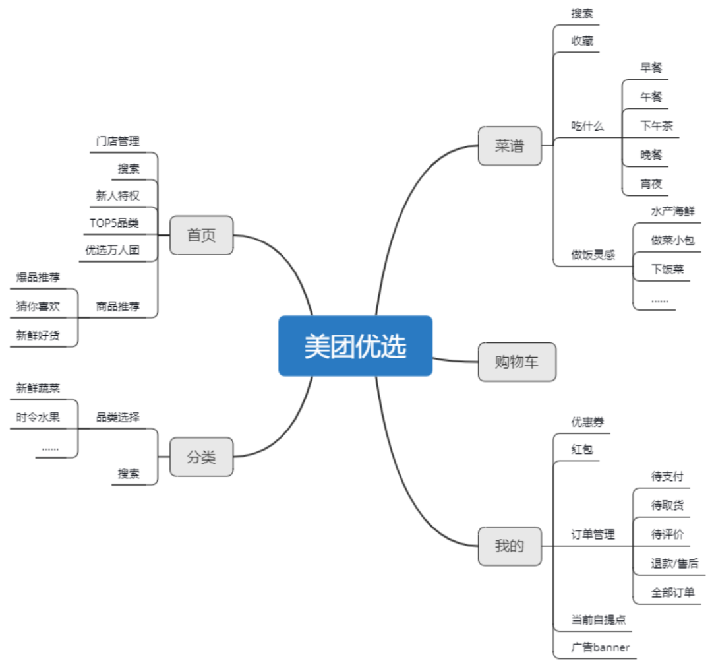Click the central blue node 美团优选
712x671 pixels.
355,346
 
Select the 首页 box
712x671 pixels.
201,236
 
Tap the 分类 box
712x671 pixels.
201,457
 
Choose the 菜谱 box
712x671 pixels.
510,146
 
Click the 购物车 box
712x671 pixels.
517,362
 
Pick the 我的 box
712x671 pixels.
510,546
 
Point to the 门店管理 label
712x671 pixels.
117,141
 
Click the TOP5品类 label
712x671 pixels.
114,222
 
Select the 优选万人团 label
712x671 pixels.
112,250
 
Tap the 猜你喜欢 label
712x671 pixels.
38,306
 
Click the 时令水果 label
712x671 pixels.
38,417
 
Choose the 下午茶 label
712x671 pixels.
656,125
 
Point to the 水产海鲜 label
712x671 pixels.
672,212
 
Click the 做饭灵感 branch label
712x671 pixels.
593,255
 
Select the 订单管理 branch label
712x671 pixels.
593,534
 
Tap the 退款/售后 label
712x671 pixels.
674,563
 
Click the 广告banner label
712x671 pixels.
600,647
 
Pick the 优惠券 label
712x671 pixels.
587,422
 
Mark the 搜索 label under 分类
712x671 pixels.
129,473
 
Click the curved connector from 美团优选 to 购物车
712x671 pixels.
455,360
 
